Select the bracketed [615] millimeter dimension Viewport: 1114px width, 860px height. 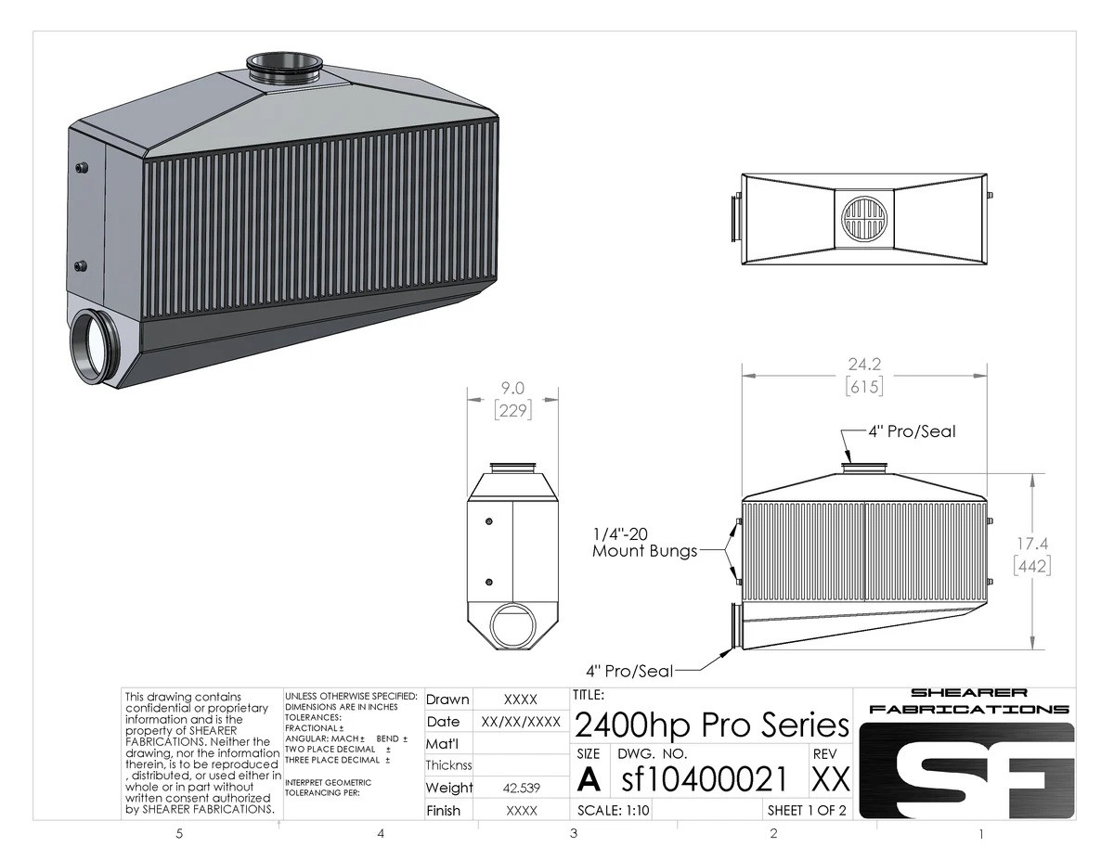[x=863, y=386]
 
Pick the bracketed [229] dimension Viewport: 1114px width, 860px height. [x=512, y=409]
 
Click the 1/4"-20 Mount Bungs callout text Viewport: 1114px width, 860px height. [x=644, y=543]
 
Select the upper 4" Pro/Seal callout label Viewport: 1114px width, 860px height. [x=911, y=431]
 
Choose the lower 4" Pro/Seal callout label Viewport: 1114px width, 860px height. [x=628, y=670]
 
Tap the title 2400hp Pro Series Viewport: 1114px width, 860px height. [x=712, y=725]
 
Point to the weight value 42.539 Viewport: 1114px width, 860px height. [x=520, y=788]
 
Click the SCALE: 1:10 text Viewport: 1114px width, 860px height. [x=614, y=810]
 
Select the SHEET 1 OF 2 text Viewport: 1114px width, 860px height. [x=807, y=810]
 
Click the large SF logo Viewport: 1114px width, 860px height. [x=966, y=770]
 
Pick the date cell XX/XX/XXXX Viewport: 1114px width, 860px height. [x=520, y=721]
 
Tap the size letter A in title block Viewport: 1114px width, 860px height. [x=589, y=779]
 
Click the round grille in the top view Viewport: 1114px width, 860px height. [x=864, y=219]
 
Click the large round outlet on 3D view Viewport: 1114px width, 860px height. [x=97, y=348]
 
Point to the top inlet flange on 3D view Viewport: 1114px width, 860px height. [x=284, y=67]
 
